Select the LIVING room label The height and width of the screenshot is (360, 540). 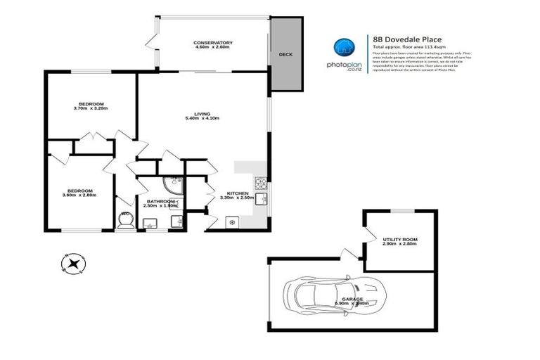[x=202, y=113]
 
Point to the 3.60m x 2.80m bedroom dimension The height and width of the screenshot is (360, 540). [x=79, y=195]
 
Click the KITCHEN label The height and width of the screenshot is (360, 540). [x=236, y=193]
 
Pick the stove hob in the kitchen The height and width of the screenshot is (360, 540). [x=259, y=184]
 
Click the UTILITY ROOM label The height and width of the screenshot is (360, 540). [x=399, y=239]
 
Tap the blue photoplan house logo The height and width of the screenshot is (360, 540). [x=343, y=47]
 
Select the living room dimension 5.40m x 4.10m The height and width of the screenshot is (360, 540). [x=202, y=119]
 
